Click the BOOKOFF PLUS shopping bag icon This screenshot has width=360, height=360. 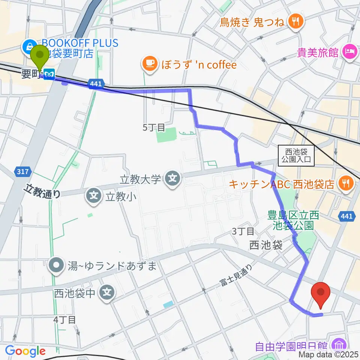28,46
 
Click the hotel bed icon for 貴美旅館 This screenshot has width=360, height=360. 349,51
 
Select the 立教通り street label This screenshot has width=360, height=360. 42,192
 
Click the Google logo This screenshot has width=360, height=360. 25,351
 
